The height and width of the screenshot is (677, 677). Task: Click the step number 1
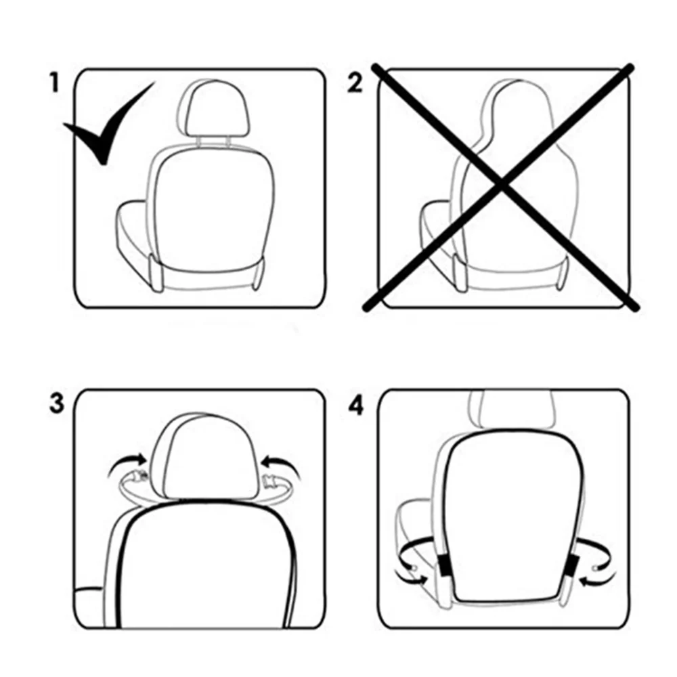tap(54, 83)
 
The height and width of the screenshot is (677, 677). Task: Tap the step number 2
tap(355, 84)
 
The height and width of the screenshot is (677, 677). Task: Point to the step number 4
tap(355, 404)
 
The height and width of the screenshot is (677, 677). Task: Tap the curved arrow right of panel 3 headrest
tap(279, 464)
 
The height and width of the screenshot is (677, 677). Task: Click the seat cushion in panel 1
tap(135, 234)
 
